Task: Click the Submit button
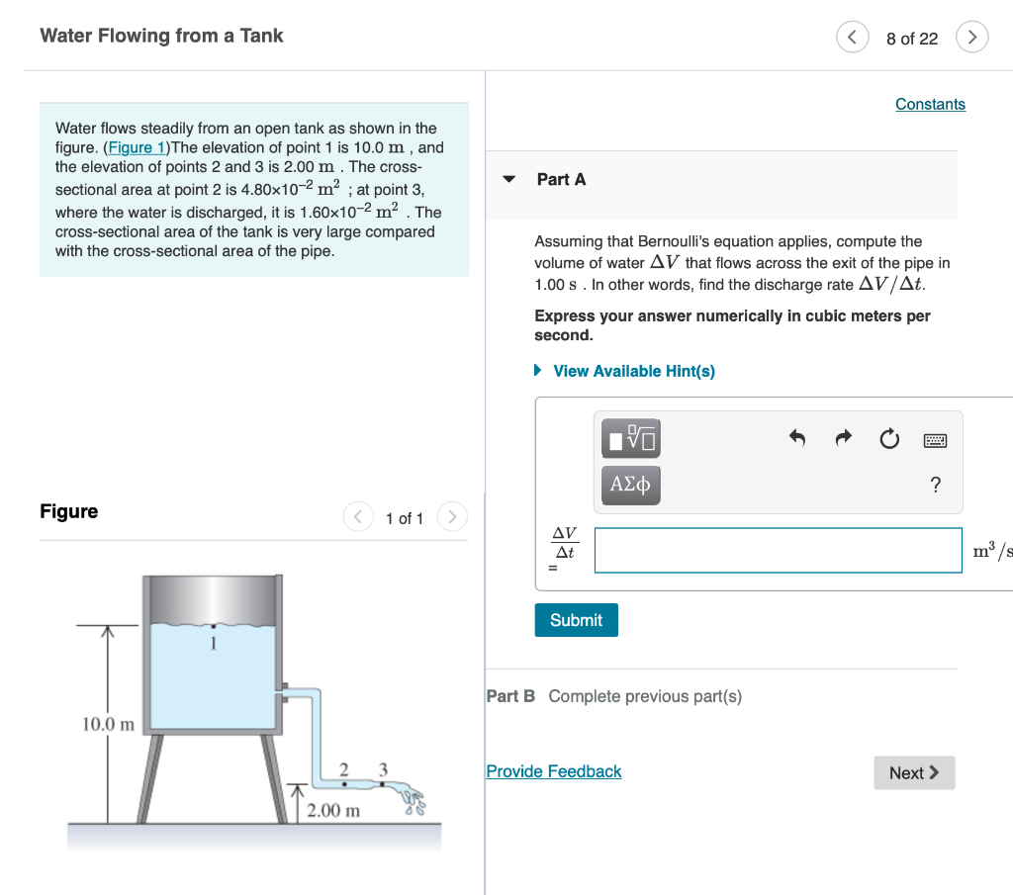[x=576, y=620]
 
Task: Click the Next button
[x=914, y=772]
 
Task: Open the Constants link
[x=930, y=104]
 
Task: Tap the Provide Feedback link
[x=553, y=771]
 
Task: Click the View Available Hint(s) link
[x=633, y=371]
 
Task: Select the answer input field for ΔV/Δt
[x=778, y=550]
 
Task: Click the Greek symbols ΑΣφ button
[x=630, y=485]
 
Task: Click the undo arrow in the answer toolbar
[x=797, y=438]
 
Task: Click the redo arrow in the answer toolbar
[x=843, y=438]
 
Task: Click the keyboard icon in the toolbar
[x=935, y=439]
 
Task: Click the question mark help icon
[x=936, y=485]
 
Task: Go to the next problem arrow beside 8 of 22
[x=972, y=38]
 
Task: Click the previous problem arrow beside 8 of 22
[x=852, y=38]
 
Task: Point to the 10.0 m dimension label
[x=108, y=724]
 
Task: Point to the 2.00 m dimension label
[x=333, y=811]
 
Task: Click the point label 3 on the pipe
[x=383, y=769]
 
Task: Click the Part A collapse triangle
[x=509, y=180]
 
